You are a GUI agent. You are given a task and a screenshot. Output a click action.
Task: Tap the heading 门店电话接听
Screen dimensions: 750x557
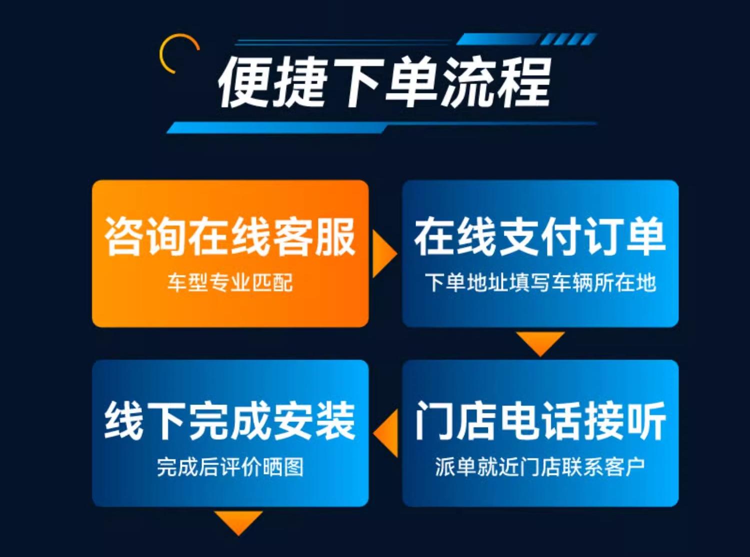coord(540,420)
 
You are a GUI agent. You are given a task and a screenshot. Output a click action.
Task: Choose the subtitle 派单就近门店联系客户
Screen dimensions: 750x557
coord(540,466)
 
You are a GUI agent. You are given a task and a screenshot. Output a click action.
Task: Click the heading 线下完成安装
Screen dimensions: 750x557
coord(230,420)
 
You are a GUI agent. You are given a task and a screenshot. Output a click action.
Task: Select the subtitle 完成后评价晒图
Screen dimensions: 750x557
coord(230,466)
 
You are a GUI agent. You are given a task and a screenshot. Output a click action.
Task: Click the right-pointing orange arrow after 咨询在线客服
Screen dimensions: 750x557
coord(384,254)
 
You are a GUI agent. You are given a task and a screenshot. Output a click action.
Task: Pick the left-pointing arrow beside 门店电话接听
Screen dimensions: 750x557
coord(385,433)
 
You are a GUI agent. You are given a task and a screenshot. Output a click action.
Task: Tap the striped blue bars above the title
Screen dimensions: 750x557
coord(526,39)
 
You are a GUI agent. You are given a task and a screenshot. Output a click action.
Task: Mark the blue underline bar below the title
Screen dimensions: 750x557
coord(381,127)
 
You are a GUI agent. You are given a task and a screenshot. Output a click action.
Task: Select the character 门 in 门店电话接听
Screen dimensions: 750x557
coord(435,420)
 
